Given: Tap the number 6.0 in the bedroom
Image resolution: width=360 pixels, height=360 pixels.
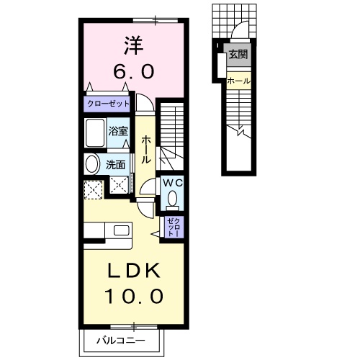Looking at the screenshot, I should pyautogui.click(x=131, y=72).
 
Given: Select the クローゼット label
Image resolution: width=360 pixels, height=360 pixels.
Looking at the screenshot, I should pyautogui.click(x=109, y=104).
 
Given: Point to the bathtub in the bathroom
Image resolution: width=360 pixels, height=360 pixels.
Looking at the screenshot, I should pyautogui.click(x=95, y=133).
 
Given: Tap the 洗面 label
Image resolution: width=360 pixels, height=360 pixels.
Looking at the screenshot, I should pyautogui.click(x=116, y=163).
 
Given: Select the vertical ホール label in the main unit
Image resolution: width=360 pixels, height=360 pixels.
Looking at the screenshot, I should pyautogui.click(x=145, y=148).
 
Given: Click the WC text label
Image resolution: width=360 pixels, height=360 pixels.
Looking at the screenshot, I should pyautogui.click(x=174, y=183).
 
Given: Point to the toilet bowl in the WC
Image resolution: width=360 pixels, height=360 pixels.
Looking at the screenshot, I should pyautogui.click(x=171, y=199).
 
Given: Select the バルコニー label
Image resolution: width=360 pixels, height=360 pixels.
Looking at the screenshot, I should pyautogui.click(x=122, y=340).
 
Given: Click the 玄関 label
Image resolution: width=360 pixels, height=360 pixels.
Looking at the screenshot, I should pyautogui.click(x=237, y=54).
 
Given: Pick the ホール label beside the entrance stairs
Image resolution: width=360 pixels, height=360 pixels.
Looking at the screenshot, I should pyautogui.click(x=238, y=81).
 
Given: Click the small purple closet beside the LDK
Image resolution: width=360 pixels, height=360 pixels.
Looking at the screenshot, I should pyautogui.click(x=174, y=227).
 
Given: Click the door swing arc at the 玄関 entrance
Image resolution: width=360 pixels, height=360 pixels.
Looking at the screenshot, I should pyautogui.click(x=242, y=32).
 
